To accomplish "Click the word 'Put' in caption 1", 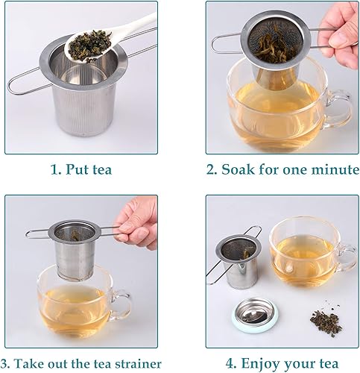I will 81,169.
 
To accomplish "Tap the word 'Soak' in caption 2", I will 243,169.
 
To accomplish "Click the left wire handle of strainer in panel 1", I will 22,78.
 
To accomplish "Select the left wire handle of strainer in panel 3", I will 41,233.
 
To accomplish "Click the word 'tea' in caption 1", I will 101,169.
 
